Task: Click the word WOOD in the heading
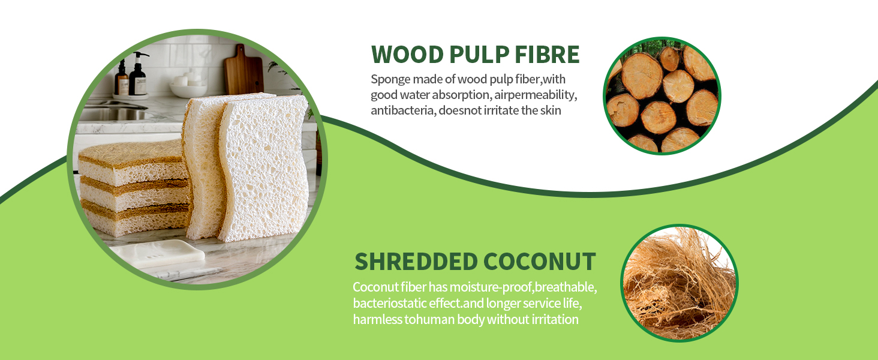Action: point(407,54)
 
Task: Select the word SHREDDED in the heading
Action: point(416,262)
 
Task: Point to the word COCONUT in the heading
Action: point(539,262)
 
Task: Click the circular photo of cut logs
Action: point(662,96)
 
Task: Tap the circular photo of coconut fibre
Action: point(679,283)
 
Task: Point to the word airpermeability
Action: point(536,95)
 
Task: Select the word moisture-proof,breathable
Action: point(523,287)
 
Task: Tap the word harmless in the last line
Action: point(377,320)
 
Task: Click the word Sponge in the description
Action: point(390,80)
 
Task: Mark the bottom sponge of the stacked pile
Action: point(135,220)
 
